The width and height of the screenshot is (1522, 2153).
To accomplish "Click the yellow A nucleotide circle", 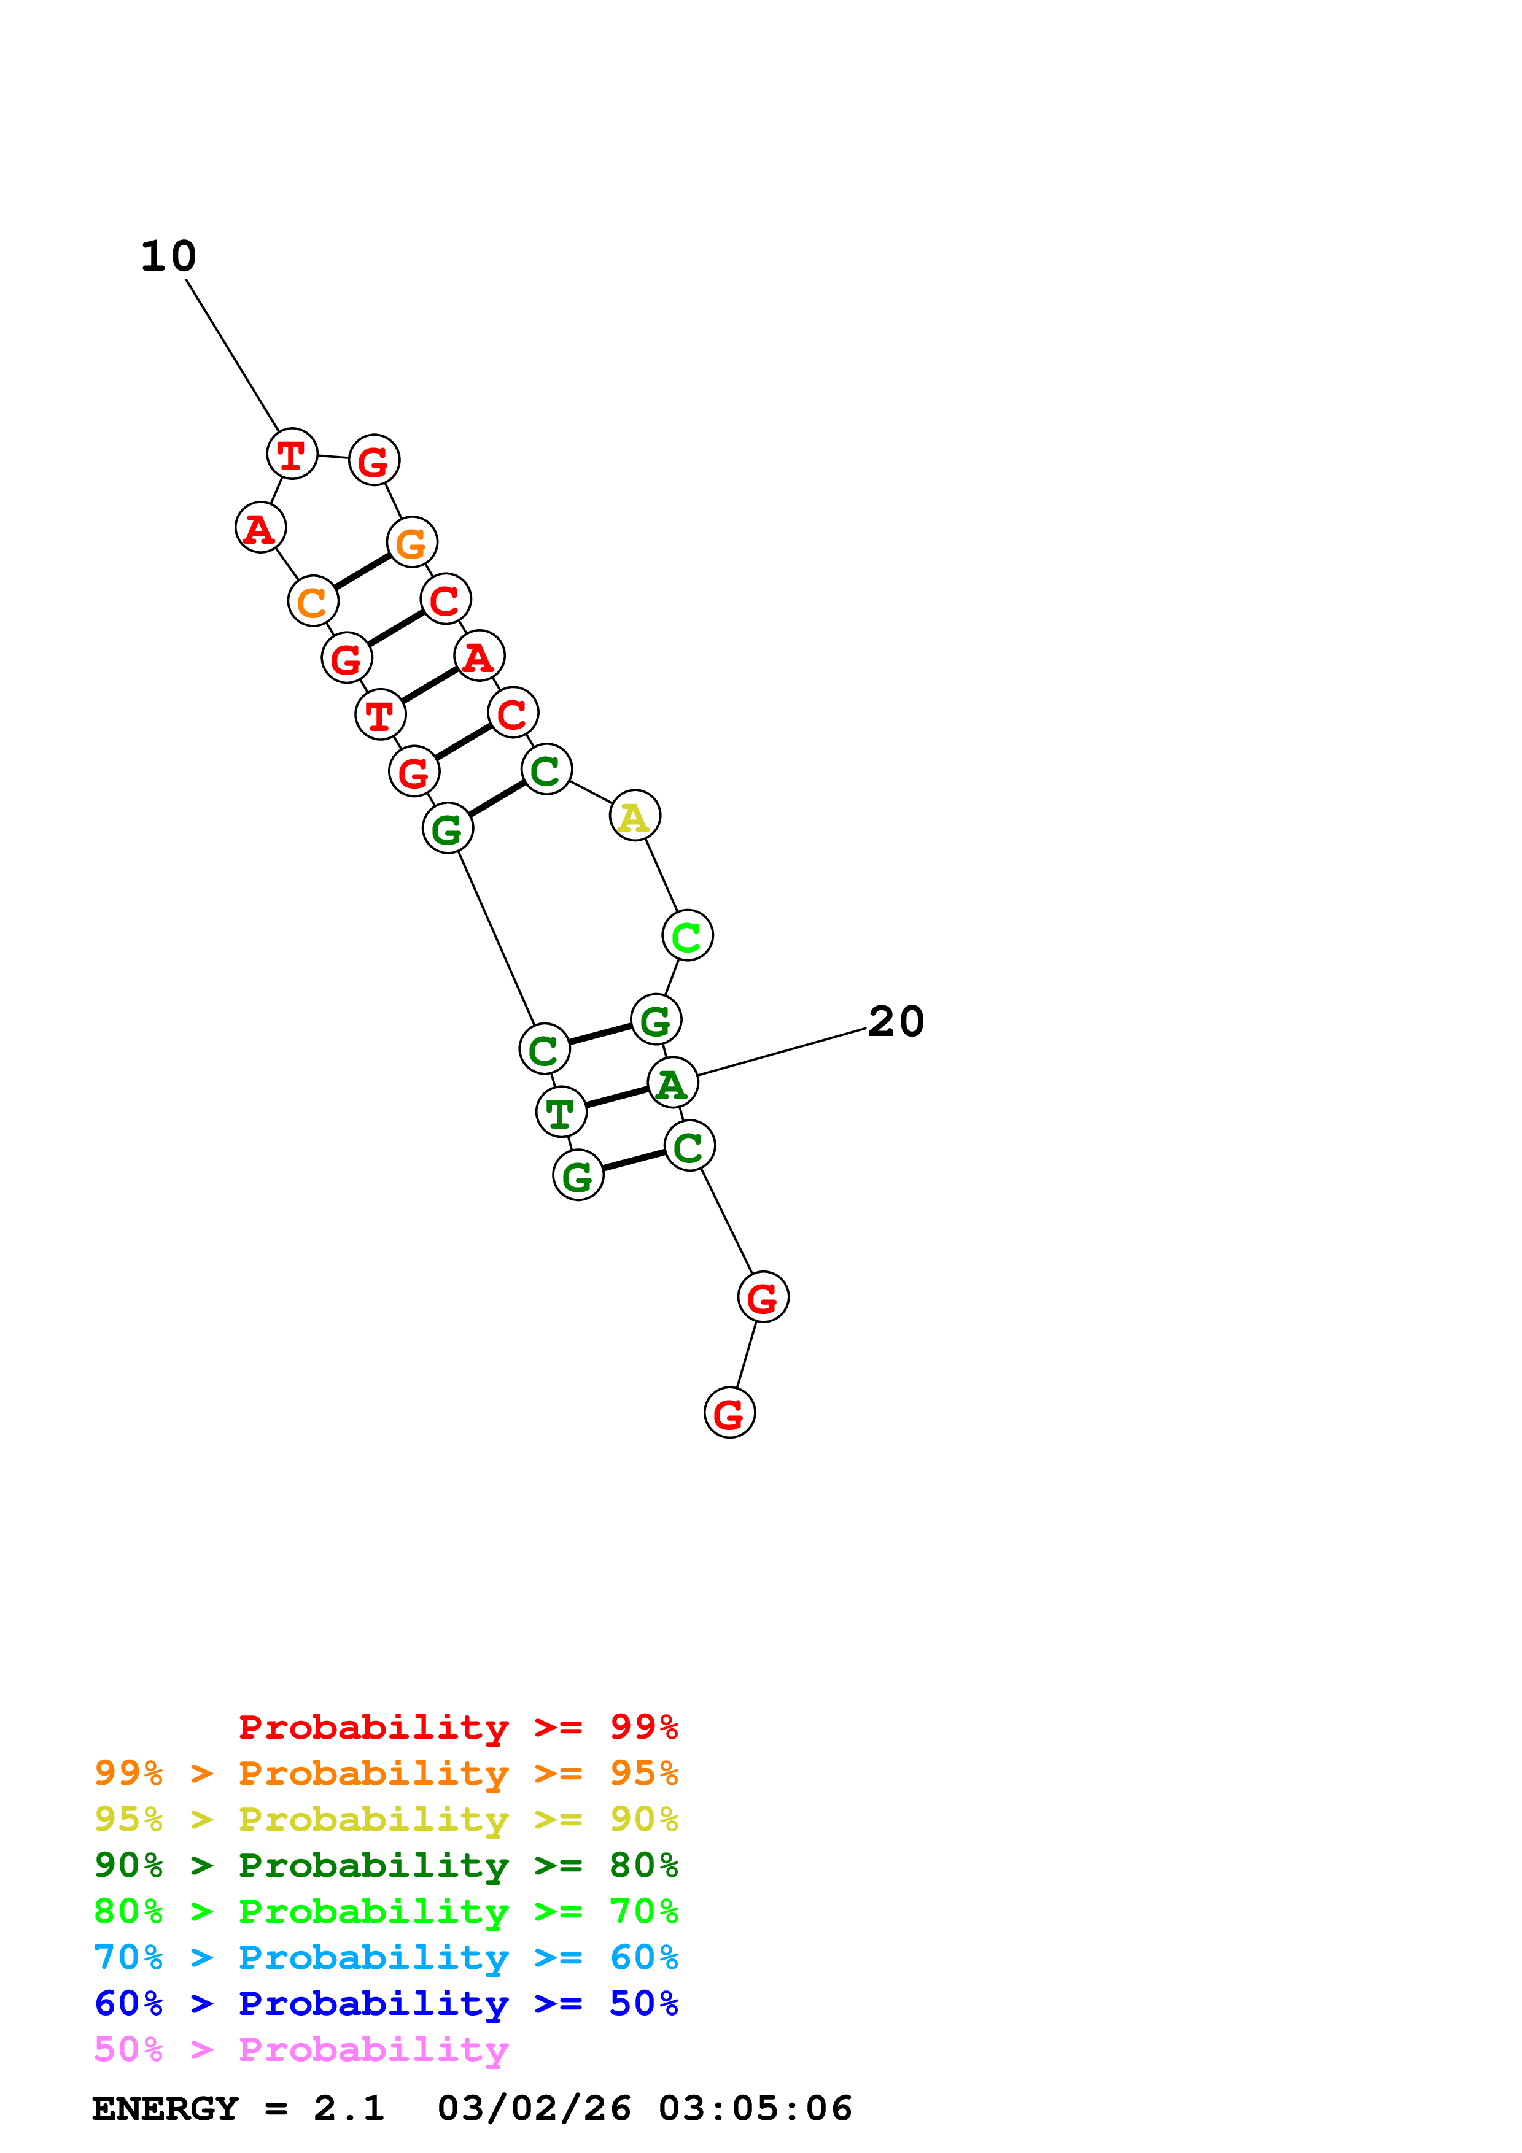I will pos(635,816).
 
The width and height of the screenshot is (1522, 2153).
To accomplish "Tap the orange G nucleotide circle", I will pos(412,542).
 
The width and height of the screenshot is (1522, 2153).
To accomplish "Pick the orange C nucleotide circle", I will pos(313,601).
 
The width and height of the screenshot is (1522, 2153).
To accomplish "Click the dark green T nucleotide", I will pos(561,1113).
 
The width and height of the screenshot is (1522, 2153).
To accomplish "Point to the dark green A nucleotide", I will pos(672,1083).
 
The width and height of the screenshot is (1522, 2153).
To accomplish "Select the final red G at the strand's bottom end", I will pos(729,1413).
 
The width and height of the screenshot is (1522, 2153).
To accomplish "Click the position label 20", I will pos(896,1021).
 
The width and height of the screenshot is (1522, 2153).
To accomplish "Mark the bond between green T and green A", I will pos(617,1098).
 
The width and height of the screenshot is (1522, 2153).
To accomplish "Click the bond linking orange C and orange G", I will pos(362,572).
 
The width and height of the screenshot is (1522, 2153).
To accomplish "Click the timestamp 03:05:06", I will pos(755,2108).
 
